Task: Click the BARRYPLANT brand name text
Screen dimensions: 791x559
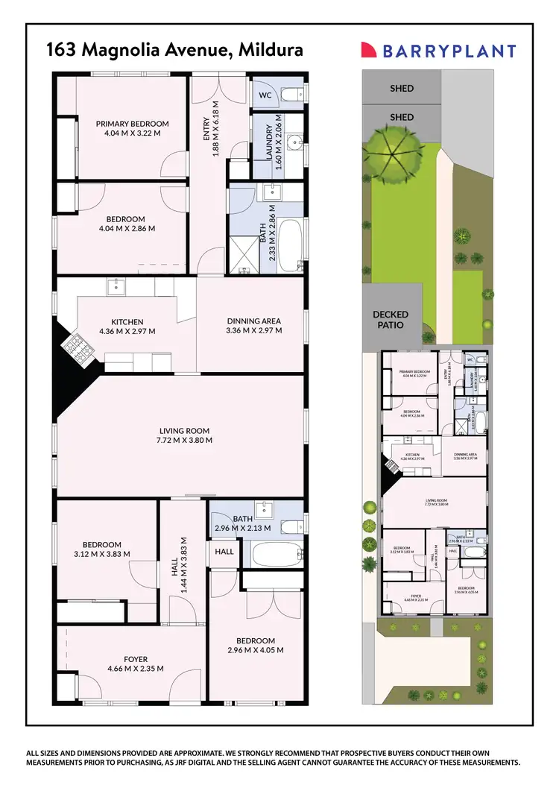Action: pyautogui.click(x=449, y=51)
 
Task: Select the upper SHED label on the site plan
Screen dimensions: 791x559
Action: pyautogui.click(x=402, y=89)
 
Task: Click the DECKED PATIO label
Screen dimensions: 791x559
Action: pyautogui.click(x=391, y=320)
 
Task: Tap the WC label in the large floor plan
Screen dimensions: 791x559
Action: pyautogui.click(x=265, y=95)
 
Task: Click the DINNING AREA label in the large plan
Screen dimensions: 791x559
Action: pyautogui.click(x=254, y=327)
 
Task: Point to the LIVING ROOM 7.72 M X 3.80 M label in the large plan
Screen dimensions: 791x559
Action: pyautogui.click(x=183, y=435)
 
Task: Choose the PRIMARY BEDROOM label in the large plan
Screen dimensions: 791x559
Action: pyautogui.click(x=132, y=128)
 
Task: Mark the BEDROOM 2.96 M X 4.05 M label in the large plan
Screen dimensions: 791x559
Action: pyautogui.click(x=256, y=646)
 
